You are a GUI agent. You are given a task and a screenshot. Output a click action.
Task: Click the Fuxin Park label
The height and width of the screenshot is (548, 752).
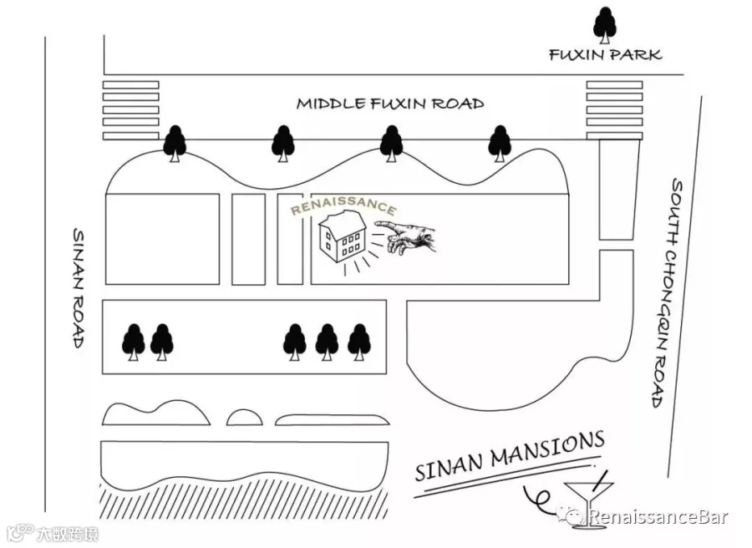click(x=605, y=54)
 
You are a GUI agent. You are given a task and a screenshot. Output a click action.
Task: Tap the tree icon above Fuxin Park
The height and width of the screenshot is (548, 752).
click(x=605, y=25)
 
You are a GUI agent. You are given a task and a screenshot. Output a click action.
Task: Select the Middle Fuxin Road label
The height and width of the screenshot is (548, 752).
click(x=390, y=104)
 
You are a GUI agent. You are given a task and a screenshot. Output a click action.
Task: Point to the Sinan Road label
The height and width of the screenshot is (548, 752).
click(x=79, y=287)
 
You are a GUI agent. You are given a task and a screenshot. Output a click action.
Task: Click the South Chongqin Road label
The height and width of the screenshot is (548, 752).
click(x=668, y=293)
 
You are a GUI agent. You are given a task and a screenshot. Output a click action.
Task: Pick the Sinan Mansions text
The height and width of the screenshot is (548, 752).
click(x=510, y=455)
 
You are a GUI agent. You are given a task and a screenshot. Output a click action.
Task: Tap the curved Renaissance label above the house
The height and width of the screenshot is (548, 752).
click(x=344, y=205)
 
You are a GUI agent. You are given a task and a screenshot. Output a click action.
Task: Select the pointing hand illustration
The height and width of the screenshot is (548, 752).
click(x=406, y=236)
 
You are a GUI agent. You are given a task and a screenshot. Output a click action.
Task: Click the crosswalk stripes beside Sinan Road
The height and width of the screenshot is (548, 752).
click(x=131, y=110)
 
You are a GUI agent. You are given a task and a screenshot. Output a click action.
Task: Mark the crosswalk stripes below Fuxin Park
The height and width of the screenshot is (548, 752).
click(x=614, y=110)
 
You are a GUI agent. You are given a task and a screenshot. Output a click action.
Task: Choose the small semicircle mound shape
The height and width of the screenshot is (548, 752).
click(x=245, y=418)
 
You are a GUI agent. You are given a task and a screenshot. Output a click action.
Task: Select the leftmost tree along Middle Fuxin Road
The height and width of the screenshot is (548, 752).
click(x=175, y=144)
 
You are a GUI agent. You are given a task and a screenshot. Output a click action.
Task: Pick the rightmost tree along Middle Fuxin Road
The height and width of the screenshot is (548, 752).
click(x=500, y=144)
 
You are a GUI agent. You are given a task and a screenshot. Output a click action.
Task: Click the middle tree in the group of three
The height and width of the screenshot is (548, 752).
click(x=327, y=342)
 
